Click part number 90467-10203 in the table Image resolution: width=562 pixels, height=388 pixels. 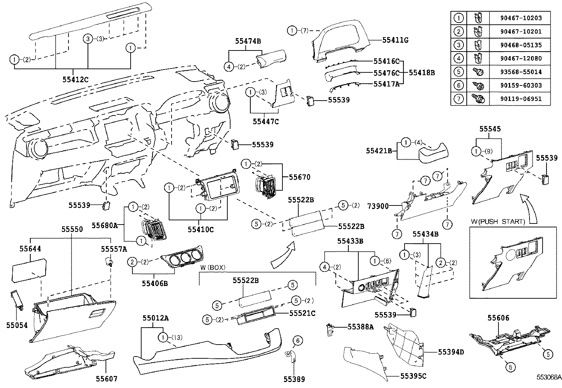pos(520,18)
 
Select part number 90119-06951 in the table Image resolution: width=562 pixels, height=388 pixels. pos(520,99)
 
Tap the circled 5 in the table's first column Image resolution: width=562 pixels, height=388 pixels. pos(459,72)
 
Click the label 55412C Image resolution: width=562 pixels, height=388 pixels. pos(75,79)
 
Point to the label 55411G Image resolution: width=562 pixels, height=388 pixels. pos(395,40)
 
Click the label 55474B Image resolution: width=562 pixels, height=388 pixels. pos(248,41)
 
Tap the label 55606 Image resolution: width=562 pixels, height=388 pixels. pos(499,318)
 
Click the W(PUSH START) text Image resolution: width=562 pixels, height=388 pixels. pos(498,221)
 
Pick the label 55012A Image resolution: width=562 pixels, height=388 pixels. pos(155,318)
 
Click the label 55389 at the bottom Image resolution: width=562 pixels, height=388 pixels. pos(294,379)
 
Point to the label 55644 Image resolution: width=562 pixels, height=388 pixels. pos(30,249)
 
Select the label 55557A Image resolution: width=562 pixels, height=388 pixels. pos(114,249)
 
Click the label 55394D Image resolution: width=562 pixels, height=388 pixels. pos(451,352)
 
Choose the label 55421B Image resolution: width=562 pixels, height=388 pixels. pos(379,151)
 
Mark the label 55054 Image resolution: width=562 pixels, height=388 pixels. pos(17,325)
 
